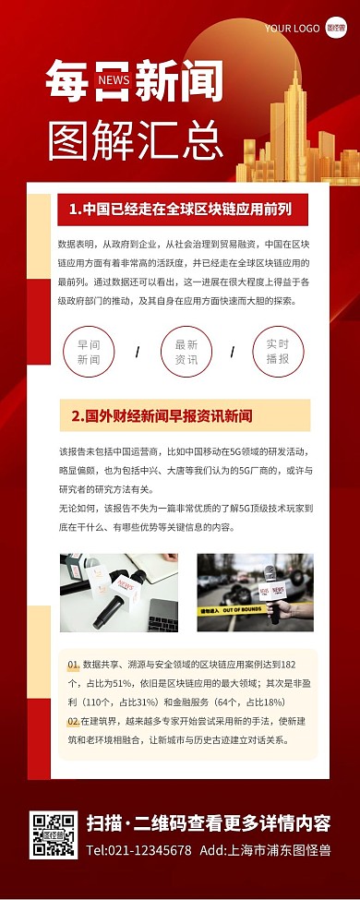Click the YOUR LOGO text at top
coord(291,29)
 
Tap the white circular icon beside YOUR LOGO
coord(337,29)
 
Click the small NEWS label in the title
coord(113,80)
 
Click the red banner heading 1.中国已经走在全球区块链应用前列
coord(182,210)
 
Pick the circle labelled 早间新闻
coord(89,352)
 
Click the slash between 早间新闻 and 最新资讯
coord(138,352)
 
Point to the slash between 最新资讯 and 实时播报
coord(233,352)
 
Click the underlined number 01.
coord(73,665)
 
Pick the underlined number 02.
coord(73,720)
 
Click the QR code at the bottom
coord(53,835)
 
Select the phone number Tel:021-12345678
coord(138,850)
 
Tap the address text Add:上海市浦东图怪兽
coord(265,850)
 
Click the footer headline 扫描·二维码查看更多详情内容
coord(208,823)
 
